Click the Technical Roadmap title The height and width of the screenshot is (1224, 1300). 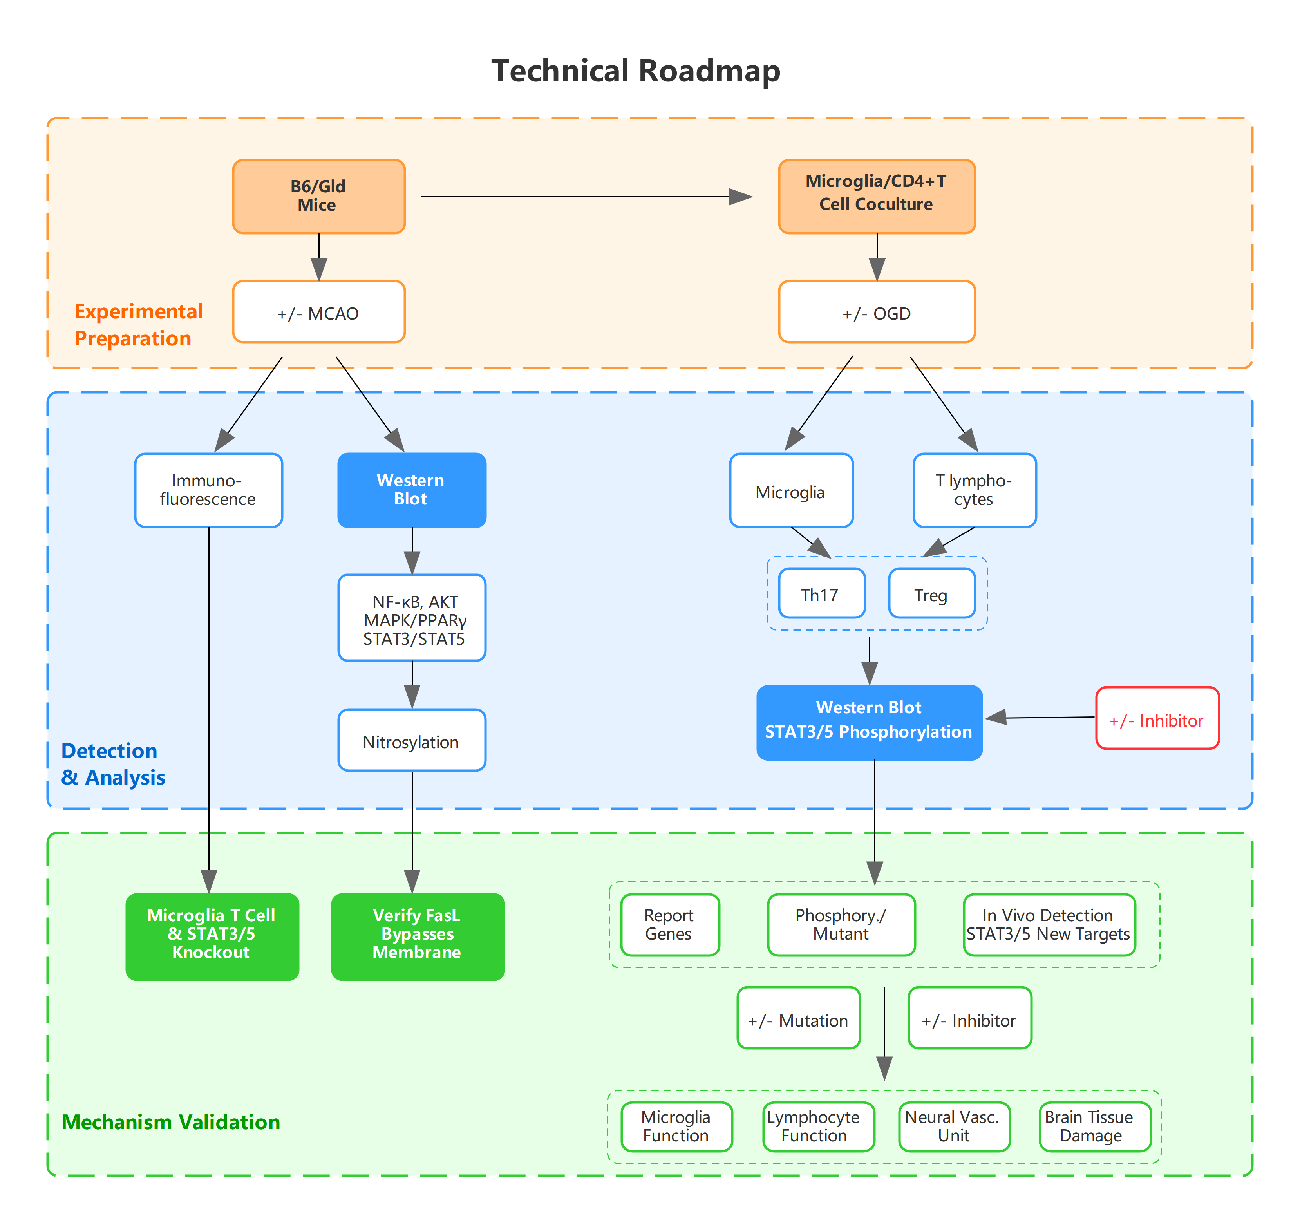click(636, 71)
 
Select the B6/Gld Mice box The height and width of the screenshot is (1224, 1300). click(318, 196)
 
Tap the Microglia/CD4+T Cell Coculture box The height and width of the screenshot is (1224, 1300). click(876, 196)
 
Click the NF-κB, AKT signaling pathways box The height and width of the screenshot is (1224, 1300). click(412, 618)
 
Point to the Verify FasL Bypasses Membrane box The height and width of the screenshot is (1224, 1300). click(417, 936)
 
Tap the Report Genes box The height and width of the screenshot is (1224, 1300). click(670, 924)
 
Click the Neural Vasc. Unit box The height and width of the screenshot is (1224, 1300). click(953, 1126)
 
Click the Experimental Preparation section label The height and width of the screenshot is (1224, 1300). click(138, 325)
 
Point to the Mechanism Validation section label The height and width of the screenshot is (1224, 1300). click(171, 1122)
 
